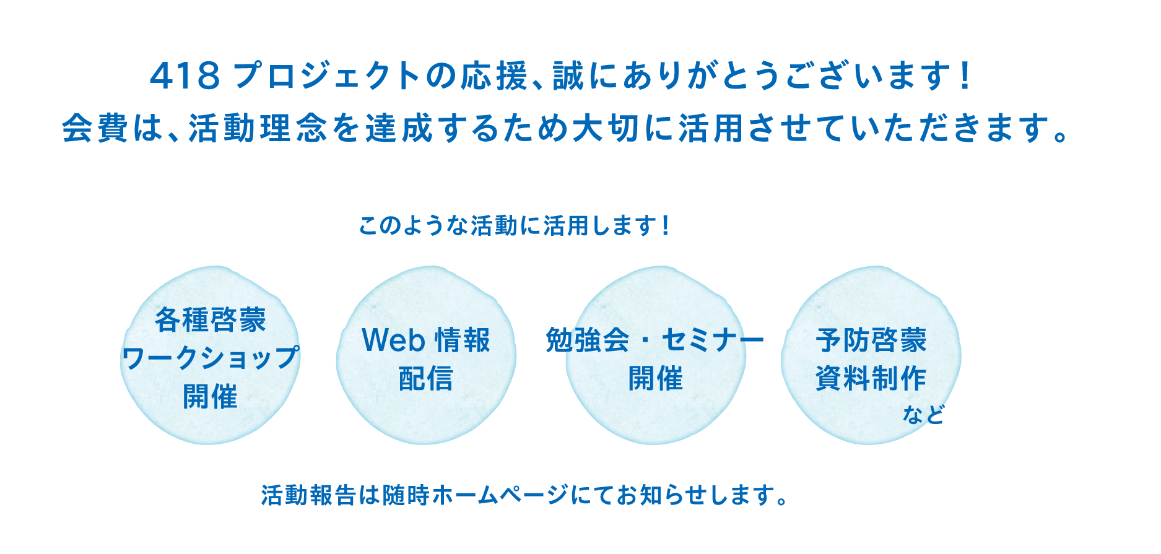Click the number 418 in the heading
(185, 77)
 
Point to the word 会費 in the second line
(95, 129)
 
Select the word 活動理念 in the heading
(258, 129)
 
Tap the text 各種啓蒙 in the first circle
(211, 319)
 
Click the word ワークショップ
(211, 358)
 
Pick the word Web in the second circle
(393, 340)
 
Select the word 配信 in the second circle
(426, 378)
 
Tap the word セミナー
(713, 340)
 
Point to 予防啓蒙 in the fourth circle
(871, 340)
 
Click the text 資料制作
(871, 378)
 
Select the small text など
(923, 414)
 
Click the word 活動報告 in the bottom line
(308, 495)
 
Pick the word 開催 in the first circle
(211, 396)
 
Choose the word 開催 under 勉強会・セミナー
(656, 378)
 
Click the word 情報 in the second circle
(463, 340)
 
